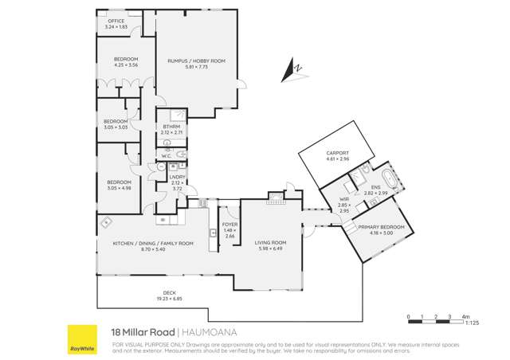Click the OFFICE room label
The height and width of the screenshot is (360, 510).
click(116, 22)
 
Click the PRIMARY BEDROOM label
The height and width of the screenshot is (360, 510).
click(376, 228)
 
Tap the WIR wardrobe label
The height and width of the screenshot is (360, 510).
click(344, 201)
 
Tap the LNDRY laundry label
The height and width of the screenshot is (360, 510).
click(178, 178)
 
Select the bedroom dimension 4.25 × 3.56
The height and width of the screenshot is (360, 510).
click(126, 65)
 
